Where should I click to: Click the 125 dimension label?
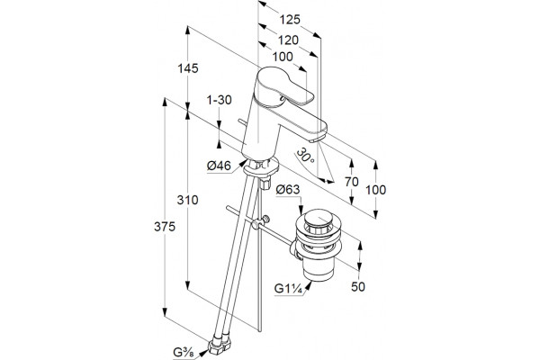click(x=289, y=20)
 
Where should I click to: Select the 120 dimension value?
click(x=288, y=40)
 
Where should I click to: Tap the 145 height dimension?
click(x=188, y=68)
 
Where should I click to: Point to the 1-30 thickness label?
click(x=219, y=100)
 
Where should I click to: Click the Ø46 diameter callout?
click(x=219, y=166)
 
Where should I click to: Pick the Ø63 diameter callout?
click(x=288, y=190)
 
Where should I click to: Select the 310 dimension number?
click(x=188, y=200)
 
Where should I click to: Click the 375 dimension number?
click(x=165, y=227)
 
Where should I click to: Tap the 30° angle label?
click(x=305, y=156)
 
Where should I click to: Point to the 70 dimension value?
click(x=352, y=182)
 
